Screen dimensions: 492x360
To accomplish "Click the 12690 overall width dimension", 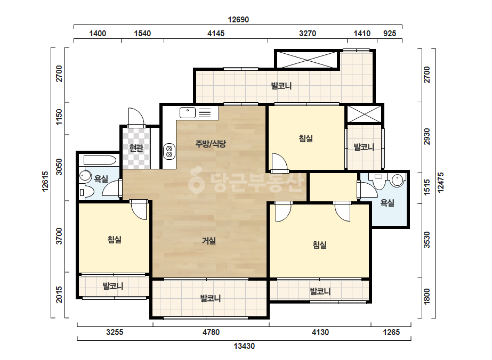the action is click(238, 20).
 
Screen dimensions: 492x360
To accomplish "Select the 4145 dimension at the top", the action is click(216, 33).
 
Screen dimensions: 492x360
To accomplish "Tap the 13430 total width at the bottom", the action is click(244, 346).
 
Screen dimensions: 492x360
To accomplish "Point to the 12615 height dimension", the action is click(45, 181).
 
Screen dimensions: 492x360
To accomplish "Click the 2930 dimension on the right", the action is click(427, 136).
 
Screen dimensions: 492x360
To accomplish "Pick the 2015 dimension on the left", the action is click(59, 295).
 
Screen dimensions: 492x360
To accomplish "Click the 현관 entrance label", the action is click(136, 148).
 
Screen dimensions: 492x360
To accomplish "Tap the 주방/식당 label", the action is click(211, 144).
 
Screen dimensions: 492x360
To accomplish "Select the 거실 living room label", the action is click(208, 241).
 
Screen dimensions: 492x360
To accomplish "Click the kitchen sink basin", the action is click(188, 112).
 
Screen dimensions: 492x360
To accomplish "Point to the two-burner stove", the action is click(169, 151).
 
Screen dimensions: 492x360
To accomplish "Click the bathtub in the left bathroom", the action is click(100, 160).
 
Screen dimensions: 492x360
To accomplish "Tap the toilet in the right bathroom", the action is click(378, 181).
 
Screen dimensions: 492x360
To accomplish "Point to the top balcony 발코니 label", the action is click(281, 86).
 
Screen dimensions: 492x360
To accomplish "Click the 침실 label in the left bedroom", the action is click(115, 240).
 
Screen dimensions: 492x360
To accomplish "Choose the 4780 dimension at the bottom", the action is click(211, 332).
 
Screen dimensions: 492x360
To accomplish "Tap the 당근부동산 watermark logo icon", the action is click(196, 181).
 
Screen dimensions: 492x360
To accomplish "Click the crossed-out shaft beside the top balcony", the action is click(307, 60).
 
